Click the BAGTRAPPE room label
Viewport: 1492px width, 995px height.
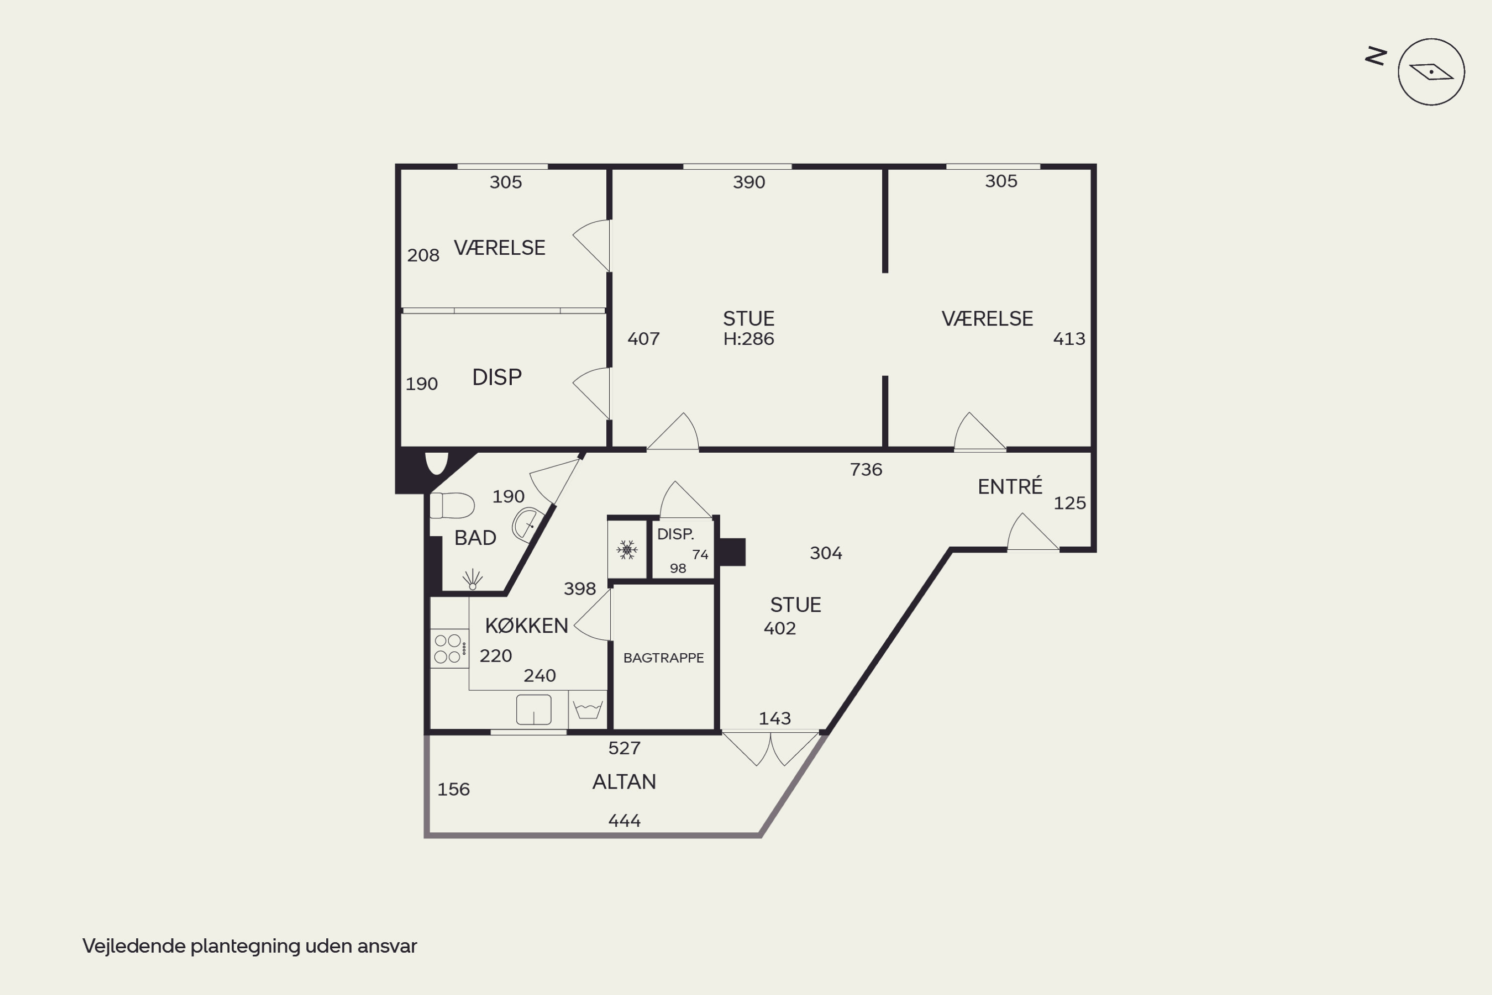[x=663, y=657]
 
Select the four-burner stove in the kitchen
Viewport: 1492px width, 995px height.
[x=449, y=648]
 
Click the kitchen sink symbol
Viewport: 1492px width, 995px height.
[x=534, y=709]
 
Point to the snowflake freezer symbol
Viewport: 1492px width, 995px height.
[x=627, y=550]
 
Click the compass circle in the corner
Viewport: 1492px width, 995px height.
[x=1431, y=72]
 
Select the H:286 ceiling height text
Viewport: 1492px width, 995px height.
[x=748, y=339]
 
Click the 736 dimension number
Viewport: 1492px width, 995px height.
[x=866, y=470]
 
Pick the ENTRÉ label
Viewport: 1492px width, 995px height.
[x=1010, y=486]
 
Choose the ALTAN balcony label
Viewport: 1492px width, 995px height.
[x=624, y=782]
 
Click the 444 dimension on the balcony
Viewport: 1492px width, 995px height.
[x=624, y=821]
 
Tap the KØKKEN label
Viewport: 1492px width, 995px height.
[x=527, y=626]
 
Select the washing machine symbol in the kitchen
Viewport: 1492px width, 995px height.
[x=587, y=709]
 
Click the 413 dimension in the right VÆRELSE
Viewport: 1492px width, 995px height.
[x=1069, y=339]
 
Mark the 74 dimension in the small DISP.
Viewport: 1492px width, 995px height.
[x=700, y=555]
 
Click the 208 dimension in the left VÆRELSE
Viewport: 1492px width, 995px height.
[x=423, y=255]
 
